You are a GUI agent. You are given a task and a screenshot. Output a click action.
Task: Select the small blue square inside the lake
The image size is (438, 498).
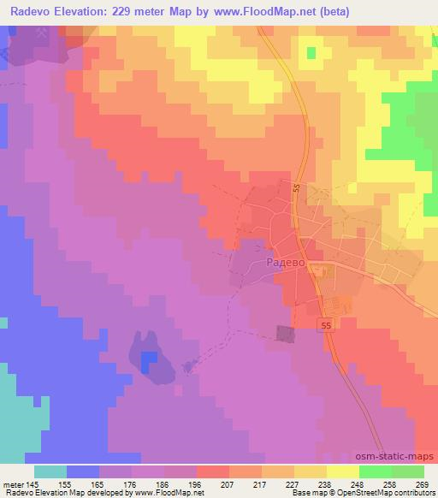[149, 358]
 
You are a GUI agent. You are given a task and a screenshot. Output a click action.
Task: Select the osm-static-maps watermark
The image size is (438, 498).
[396, 458]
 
